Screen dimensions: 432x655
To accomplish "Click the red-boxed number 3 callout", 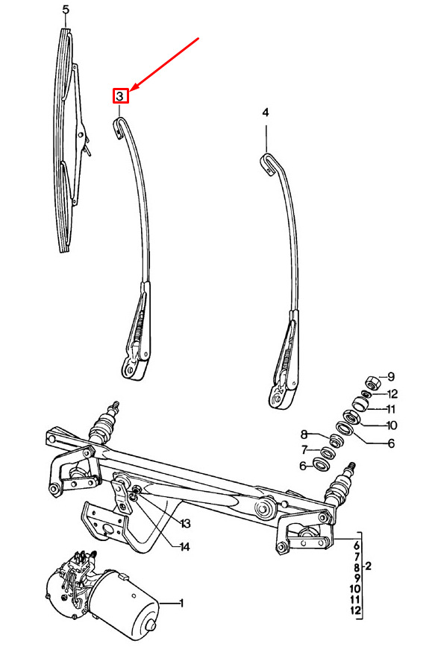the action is (x=120, y=96).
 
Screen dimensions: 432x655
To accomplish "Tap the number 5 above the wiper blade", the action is (x=66, y=9).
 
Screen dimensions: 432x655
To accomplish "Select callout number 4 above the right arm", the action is (x=266, y=112).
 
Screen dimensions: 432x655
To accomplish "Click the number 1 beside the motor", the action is (x=181, y=603).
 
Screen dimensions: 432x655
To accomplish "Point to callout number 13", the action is (x=185, y=523).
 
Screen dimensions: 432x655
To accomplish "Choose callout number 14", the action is (x=184, y=546).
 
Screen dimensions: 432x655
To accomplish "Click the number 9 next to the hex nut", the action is (x=391, y=377).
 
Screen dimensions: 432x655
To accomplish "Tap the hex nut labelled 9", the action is (x=372, y=382).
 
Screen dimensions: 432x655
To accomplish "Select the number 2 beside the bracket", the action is (x=368, y=566).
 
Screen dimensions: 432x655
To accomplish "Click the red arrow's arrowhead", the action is (x=134, y=86).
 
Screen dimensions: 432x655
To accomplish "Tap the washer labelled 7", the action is (x=326, y=452).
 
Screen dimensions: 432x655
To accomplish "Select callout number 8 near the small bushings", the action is (x=304, y=434).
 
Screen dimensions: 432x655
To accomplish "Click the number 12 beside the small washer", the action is (x=392, y=393).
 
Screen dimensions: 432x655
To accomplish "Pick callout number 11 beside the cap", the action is (x=391, y=408).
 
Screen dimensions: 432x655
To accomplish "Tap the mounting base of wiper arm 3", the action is (x=133, y=368).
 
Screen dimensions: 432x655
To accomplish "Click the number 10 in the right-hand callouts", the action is (x=392, y=425).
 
